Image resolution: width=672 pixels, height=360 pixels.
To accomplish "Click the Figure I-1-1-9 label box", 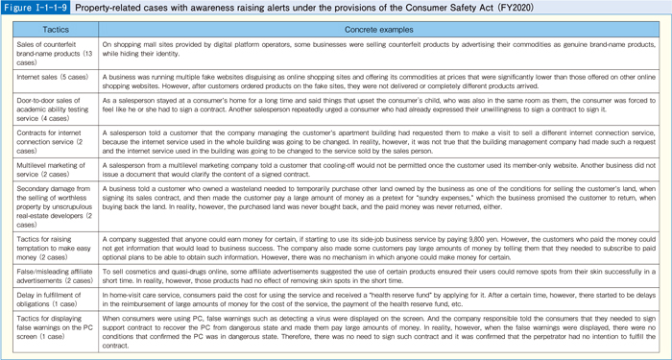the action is click(39, 8).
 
